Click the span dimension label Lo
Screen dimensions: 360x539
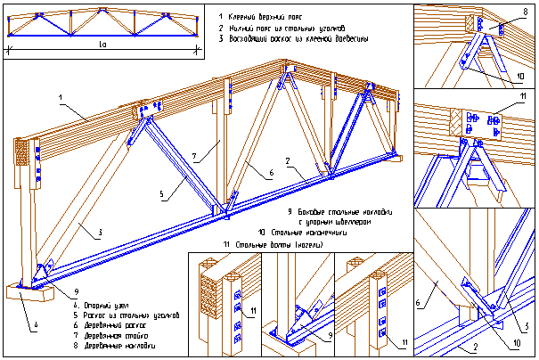pos(102,43)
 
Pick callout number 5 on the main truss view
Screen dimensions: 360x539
pos(161,193)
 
